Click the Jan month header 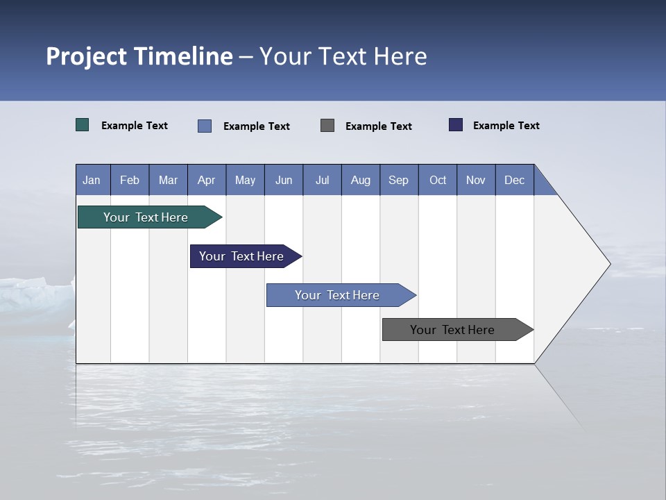click(x=92, y=181)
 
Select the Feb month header click(x=130, y=181)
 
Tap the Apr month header click(x=207, y=181)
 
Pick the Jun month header click(x=284, y=181)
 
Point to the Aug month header click(x=361, y=181)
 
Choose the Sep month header click(x=399, y=181)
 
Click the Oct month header click(x=438, y=181)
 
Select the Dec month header click(x=515, y=181)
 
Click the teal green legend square click(x=83, y=125)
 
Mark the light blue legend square click(x=205, y=126)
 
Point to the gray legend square click(x=327, y=125)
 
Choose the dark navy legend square click(x=456, y=125)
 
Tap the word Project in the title click(x=87, y=57)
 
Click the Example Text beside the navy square click(x=506, y=126)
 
